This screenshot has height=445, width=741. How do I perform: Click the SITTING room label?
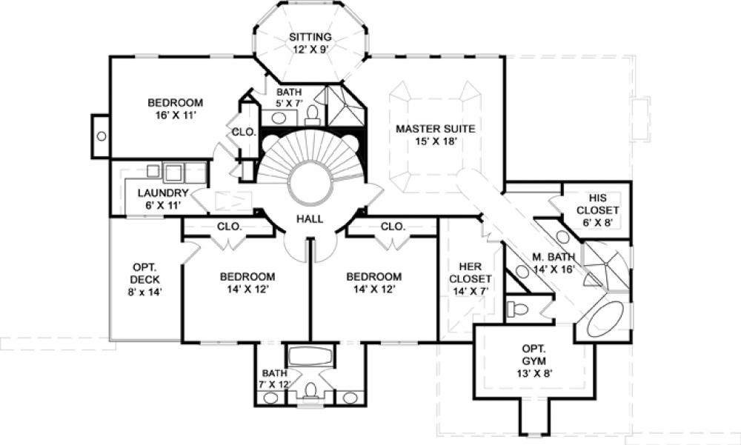(x=310, y=37)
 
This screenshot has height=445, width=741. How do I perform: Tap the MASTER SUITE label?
(x=435, y=129)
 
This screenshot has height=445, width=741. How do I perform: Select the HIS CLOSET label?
(x=597, y=204)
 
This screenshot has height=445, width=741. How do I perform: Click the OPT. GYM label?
(x=534, y=355)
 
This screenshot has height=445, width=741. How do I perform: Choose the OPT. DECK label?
(x=145, y=273)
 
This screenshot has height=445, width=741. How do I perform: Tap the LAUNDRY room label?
(x=163, y=193)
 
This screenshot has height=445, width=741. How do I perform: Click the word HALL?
(x=310, y=218)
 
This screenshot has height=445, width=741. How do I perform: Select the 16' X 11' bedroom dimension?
(x=176, y=115)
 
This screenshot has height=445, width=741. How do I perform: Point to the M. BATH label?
(x=554, y=257)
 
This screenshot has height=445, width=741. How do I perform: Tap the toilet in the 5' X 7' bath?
(x=313, y=114)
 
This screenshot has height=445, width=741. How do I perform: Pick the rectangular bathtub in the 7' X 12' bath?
(x=310, y=356)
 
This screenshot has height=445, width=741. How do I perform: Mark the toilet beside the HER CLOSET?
(x=517, y=310)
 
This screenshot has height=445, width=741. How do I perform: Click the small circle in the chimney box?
(x=101, y=136)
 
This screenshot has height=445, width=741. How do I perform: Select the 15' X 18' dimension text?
(x=436, y=141)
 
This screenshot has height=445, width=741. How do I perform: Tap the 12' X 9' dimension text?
(x=310, y=49)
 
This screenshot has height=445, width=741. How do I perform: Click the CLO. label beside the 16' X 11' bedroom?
(x=244, y=132)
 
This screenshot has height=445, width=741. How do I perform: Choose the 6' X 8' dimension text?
(x=597, y=222)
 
